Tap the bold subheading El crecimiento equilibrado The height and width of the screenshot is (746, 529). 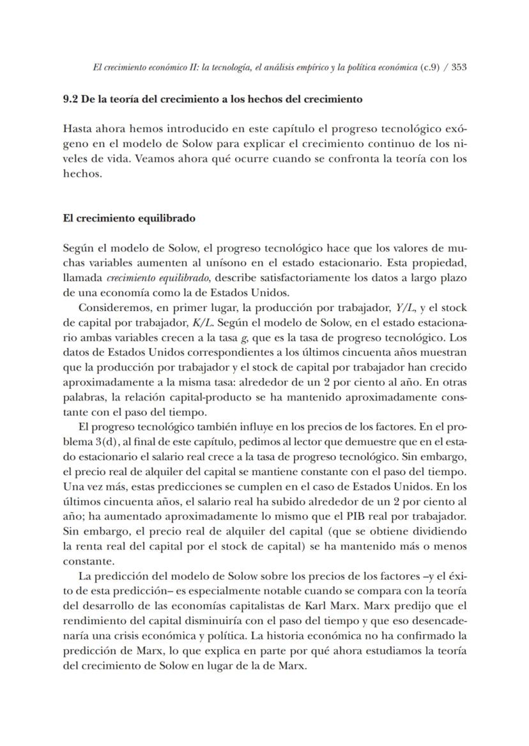pyautogui.click(x=129, y=218)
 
